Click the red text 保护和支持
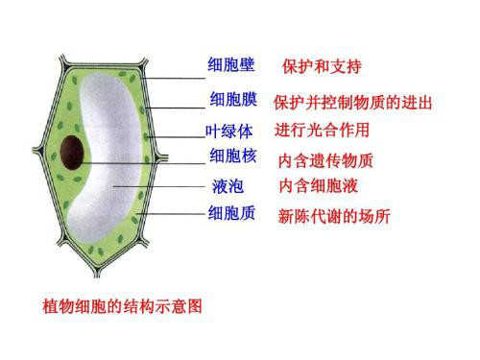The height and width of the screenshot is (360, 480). pyautogui.click(x=322, y=67)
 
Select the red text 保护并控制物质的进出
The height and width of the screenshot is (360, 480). pyautogui.click(x=352, y=103)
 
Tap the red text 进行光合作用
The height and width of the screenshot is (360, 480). pyautogui.click(x=322, y=130)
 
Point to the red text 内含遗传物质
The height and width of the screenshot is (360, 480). pyautogui.click(x=324, y=159)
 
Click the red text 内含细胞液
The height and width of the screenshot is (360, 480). pyautogui.click(x=318, y=185)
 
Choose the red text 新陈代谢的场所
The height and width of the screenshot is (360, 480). pyautogui.click(x=333, y=216)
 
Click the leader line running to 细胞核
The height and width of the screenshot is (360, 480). pyautogui.click(x=144, y=163)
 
